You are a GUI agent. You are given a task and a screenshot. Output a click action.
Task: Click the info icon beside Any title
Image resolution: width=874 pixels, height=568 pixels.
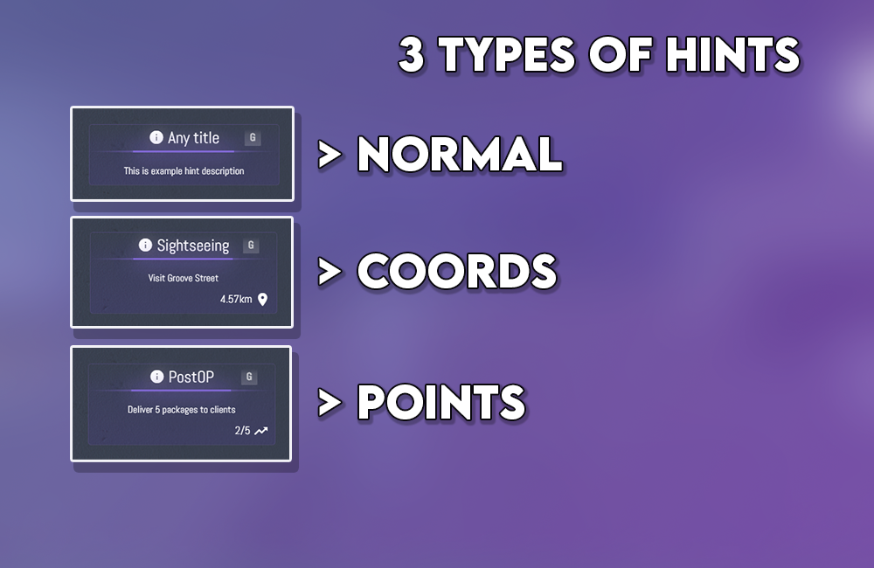click(x=156, y=137)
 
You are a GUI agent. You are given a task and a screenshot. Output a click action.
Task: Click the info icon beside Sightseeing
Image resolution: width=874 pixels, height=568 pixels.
click(x=145, y=246)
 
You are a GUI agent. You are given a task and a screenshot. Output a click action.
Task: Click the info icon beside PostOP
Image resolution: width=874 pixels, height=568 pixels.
click(x=156, y=377)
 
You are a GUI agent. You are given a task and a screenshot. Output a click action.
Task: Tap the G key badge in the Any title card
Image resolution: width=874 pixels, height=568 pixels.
click(x=253, y=137)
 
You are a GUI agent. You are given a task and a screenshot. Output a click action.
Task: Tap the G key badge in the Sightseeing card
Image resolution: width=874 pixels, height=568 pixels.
click(x=252, y=246)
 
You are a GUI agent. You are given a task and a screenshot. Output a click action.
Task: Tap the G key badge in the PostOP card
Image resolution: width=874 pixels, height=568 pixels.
click(x=250, y=377)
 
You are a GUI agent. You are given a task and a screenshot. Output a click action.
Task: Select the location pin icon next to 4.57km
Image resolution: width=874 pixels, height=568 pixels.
click(x=262, y=300)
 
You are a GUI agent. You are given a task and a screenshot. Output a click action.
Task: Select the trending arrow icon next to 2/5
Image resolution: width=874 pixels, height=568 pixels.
click(x=261, y=430)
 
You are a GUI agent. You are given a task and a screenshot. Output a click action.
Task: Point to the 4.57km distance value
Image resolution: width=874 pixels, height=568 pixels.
click(x=236, y=300)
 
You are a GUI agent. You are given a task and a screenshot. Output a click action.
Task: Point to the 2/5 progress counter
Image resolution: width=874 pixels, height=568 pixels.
click(x=242, y=430)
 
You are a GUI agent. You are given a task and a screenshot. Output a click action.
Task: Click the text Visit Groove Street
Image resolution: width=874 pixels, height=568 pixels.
click(x=183, y=278)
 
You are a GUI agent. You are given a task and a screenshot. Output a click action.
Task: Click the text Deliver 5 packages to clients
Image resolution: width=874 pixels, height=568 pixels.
click(x=181, y=409)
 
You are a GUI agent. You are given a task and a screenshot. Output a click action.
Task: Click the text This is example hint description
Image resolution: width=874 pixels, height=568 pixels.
click(x=184, y=171)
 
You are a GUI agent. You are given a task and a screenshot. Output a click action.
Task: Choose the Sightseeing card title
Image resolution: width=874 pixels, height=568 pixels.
click(x=192, y=246)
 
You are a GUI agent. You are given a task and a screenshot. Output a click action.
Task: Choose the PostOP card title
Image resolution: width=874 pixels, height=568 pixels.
click(x=191, y=377)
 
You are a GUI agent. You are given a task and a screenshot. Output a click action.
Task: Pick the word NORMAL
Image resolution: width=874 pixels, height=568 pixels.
click(x=459, y=155)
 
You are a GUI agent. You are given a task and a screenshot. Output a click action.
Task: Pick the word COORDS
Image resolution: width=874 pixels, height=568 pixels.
click(x=456, y=272)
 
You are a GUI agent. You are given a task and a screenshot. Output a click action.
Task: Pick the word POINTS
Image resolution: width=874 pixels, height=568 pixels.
click(x=441, y=401)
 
